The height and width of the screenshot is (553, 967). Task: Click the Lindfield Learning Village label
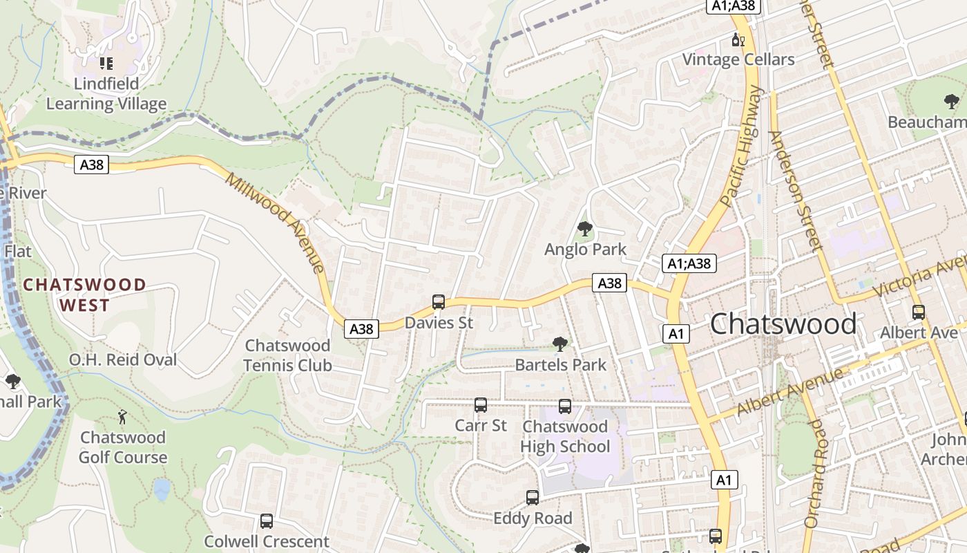tap(106, 94)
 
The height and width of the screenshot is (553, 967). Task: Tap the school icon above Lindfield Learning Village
tap(106, 64)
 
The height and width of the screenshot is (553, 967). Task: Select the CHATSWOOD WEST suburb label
tap(84, 294)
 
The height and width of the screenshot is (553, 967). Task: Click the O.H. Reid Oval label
tap(123, 359)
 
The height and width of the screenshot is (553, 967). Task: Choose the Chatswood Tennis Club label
tap(288, 355)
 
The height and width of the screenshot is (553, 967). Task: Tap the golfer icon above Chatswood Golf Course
tap(123, 416)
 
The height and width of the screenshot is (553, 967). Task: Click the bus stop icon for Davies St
tap(438, 301)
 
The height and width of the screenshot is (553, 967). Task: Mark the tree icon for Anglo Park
tap(585, 228)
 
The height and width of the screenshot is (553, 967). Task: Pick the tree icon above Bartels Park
tap(560, 344)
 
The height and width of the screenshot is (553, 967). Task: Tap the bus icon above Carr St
tap(481, 404)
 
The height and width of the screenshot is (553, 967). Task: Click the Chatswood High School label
tap(565, 437)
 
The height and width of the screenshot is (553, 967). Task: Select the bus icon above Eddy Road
tap(533, 497)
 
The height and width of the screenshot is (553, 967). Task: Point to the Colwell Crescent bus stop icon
tap(267, 521)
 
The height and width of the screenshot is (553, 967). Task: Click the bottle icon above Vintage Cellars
tap(738, 40)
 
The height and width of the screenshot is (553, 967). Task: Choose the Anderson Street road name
tap(794, 189)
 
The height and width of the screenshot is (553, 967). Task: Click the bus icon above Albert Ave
tap(919, 312)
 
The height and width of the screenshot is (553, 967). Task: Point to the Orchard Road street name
tap(814, 473)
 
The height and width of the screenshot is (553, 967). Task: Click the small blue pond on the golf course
tap(162, 489)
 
